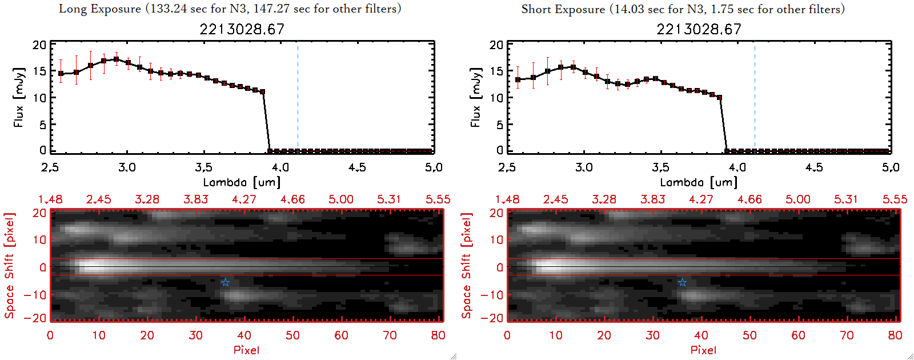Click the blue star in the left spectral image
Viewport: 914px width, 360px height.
[x=226, y=282]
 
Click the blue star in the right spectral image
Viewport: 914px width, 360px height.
[x=682, y=282]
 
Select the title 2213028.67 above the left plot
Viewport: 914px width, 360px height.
[x=242, y=29]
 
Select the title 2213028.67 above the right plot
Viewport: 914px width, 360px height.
[x=699, y=29]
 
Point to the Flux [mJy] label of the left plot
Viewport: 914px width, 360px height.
[x=19, y=97]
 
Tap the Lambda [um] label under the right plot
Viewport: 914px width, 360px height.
[x=699, y=182]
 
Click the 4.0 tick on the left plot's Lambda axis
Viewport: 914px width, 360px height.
[x=280, y=167]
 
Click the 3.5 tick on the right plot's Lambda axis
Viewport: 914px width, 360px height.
[x=660, y=167]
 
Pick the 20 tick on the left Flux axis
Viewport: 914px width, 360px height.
[x=39, y=45]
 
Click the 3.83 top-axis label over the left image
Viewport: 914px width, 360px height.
[x=196, y=199]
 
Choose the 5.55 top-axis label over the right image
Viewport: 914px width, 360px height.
[x=895, y=199]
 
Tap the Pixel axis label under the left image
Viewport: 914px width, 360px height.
[x=246, y=350]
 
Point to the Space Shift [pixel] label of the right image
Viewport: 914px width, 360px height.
[x=467, y=266]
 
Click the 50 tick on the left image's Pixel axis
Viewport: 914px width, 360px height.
[x=292, y=335]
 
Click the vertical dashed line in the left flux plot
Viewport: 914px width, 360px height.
[x=298, y=97]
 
